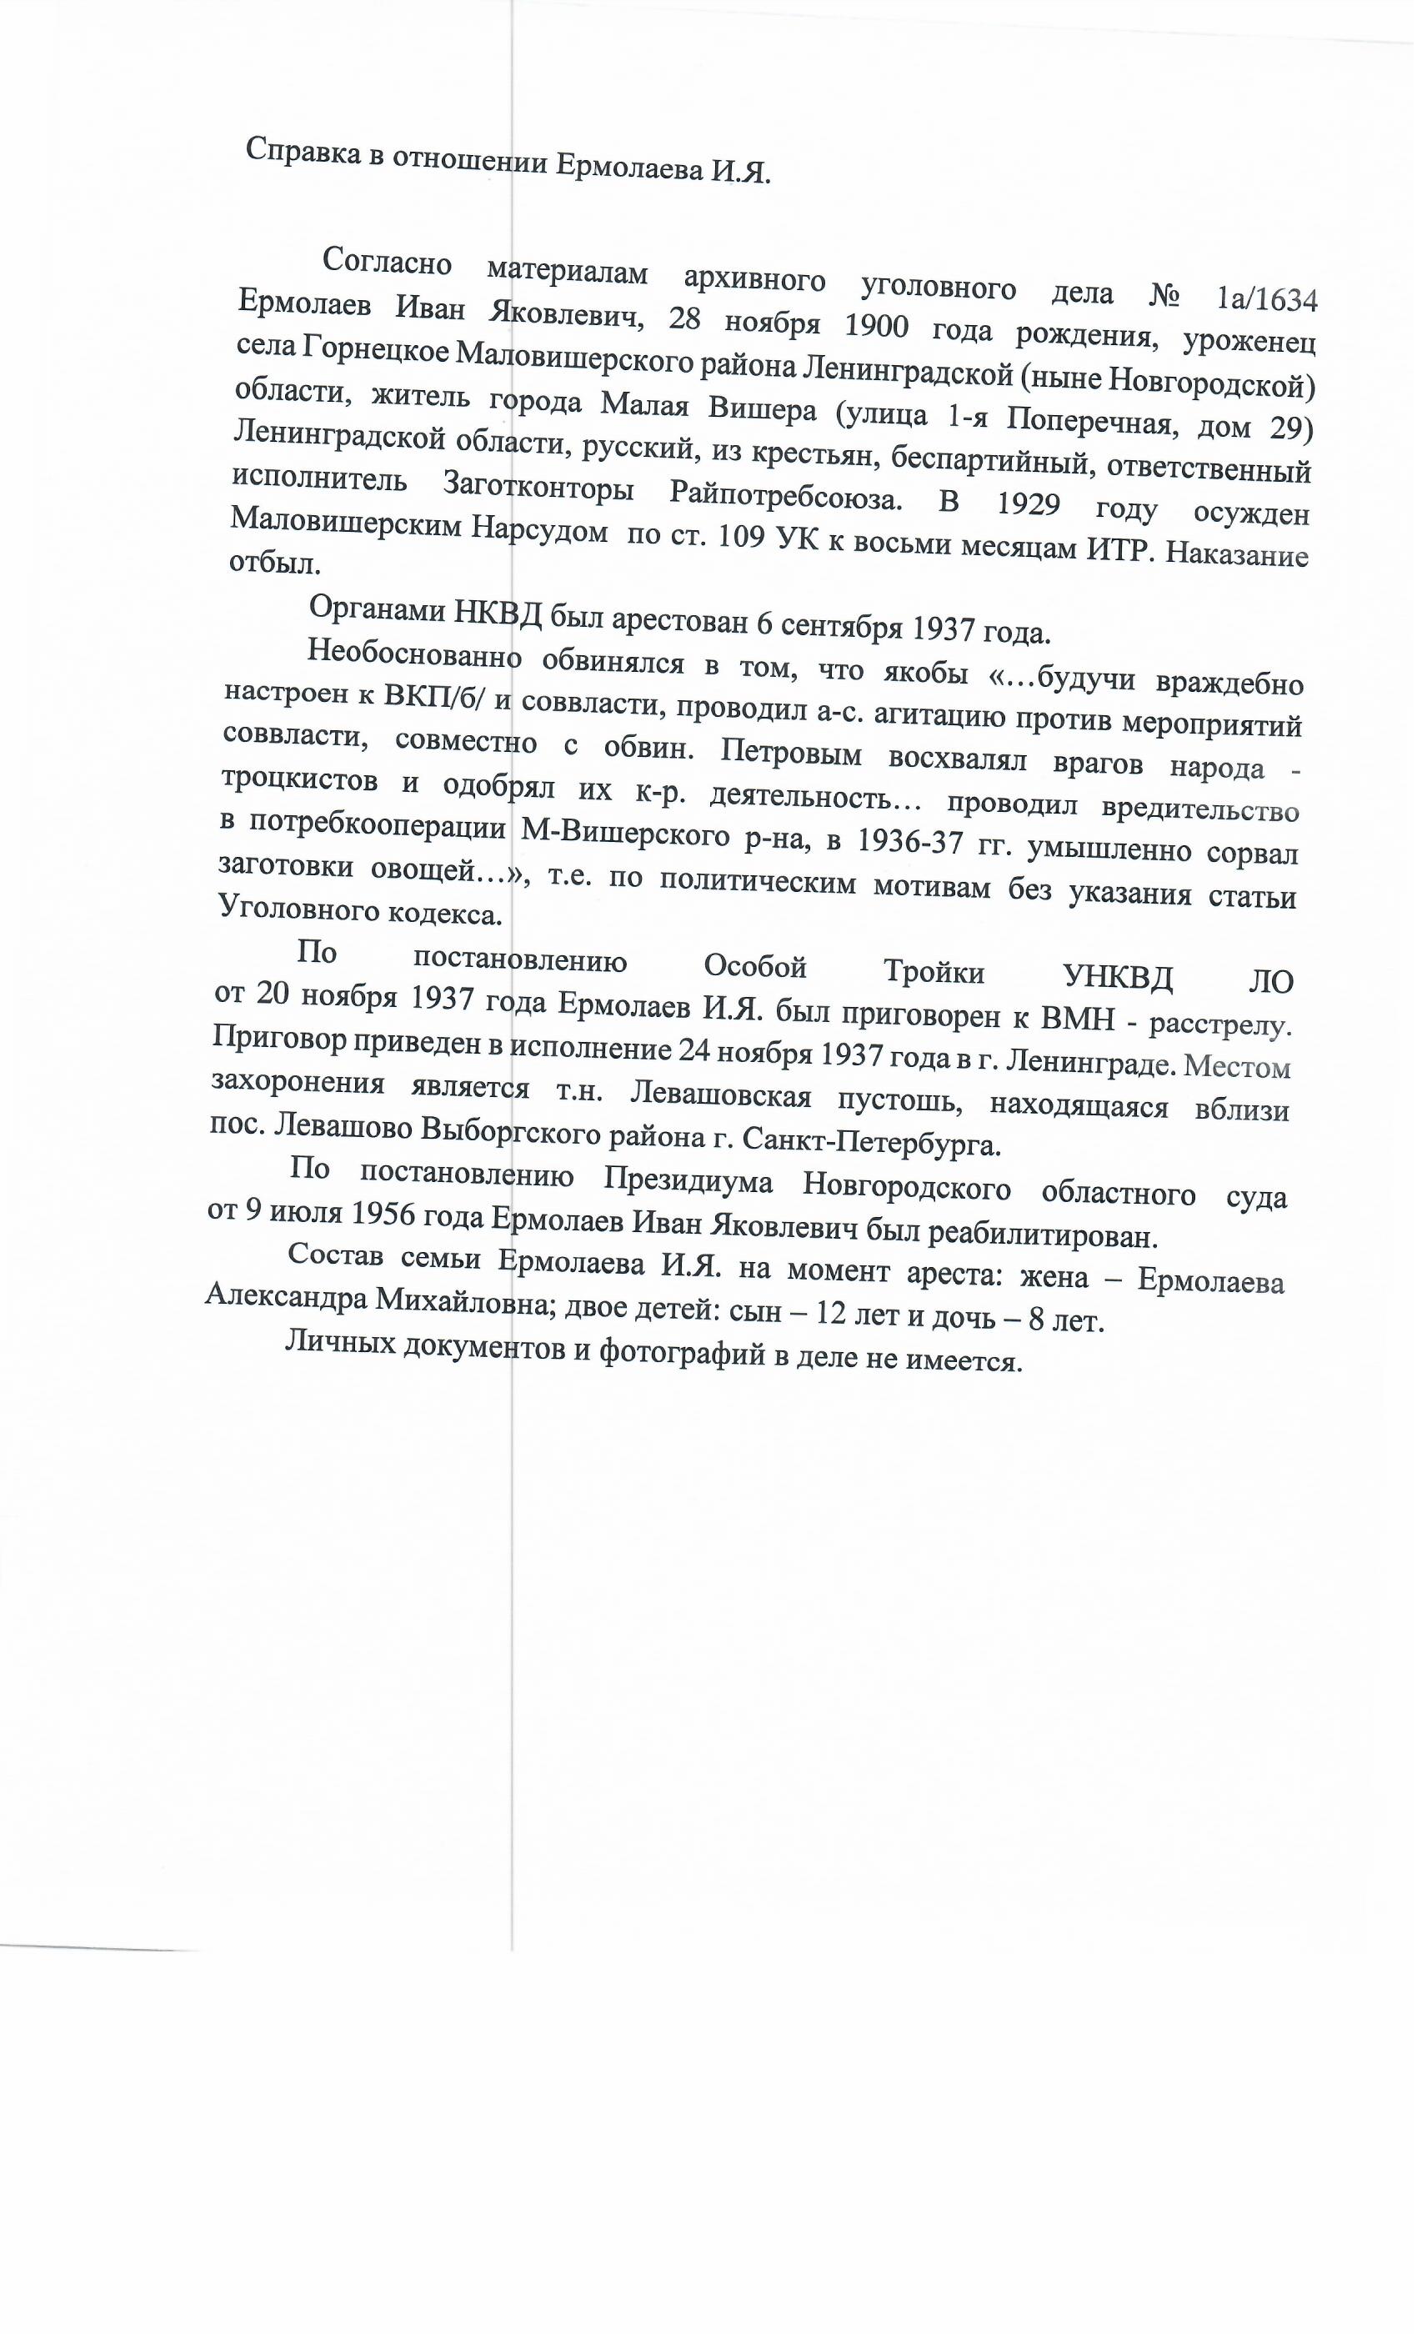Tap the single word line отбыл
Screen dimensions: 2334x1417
point(275,563)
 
